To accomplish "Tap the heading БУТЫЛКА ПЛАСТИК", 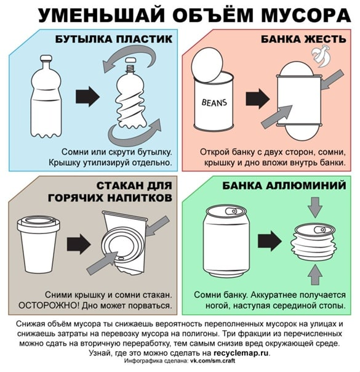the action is [113, 39].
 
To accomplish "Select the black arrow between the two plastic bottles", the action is [87, 96].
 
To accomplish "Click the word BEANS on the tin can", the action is [214, 102].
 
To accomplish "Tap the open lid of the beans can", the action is [207, 65].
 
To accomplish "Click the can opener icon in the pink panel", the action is [321, 55].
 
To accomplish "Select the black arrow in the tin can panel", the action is [257, 99].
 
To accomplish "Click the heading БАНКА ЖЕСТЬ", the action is [303, 39].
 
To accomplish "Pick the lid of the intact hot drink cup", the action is [38, 223].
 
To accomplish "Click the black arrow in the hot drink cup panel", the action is [79, 244].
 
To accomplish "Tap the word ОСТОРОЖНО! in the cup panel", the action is [49, 305].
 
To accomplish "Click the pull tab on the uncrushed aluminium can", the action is [231, 211].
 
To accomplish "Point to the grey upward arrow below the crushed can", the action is [314, 275].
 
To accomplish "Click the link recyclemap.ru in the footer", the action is [241, 353].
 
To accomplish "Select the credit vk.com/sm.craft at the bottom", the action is [212, 361].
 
